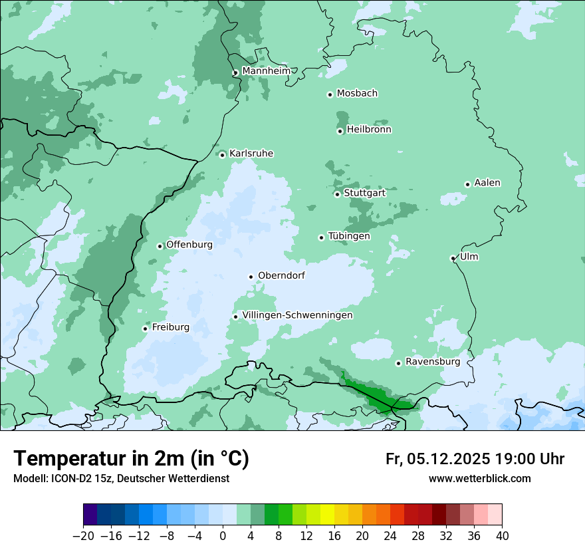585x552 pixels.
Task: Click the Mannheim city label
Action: coord(266,70)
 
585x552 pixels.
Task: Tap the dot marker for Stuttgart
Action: coord(337,194)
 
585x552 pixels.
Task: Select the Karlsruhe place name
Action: coord(251,154)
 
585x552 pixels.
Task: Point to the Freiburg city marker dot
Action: coord(145,329)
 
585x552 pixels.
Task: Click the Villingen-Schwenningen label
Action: coord(297,315)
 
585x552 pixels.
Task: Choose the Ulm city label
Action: coord(469,257)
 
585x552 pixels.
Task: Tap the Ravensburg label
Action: coord(432,362)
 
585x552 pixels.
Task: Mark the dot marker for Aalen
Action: coord(467,184)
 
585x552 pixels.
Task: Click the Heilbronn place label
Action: coord(369,130)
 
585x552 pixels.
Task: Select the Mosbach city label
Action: coord(357,94)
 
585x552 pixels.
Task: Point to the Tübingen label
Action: coord(349,236)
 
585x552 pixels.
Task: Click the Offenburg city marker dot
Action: coord(160,246)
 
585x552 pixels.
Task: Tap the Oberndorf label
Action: coord(281,275)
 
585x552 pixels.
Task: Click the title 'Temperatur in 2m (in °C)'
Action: coord(131,459)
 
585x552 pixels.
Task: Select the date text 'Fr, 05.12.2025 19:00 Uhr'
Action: coord(475,459)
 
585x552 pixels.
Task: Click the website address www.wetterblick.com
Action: coord(479,478)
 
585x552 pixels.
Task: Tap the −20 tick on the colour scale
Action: coord(84,536)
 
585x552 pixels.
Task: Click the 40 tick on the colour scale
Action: coord(502,536)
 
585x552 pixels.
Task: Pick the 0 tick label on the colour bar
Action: coord(223,536)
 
